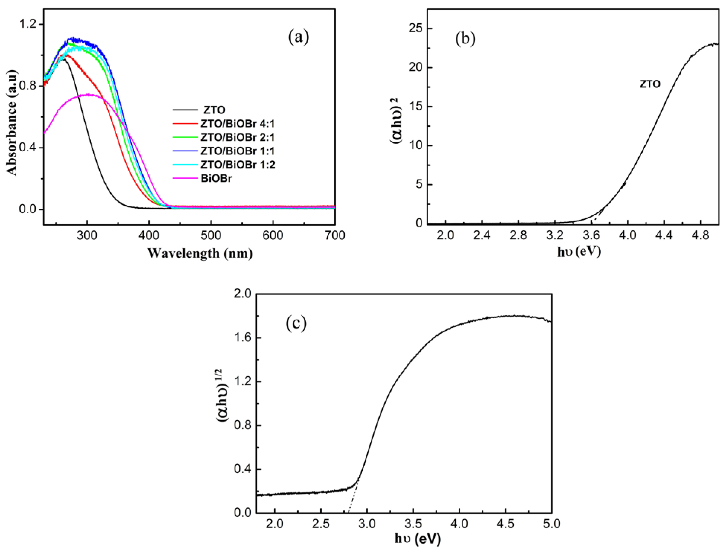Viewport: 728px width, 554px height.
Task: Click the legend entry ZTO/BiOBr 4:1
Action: coord(237,124)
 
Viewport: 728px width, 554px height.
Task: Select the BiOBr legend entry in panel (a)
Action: coord(216,178)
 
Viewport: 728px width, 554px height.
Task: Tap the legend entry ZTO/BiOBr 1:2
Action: coord(237,164)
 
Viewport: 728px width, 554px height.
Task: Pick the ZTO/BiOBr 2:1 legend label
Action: coord(237,137)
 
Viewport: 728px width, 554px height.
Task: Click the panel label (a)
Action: coord(299,37)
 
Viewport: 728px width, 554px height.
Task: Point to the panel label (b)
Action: coord(465,39)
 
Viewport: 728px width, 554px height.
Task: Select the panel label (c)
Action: coord(296,323)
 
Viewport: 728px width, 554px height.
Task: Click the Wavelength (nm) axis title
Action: coord(200,253)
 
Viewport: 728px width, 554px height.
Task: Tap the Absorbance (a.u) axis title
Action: coord(12,122)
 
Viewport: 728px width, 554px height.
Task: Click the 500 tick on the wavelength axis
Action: coord(211,235)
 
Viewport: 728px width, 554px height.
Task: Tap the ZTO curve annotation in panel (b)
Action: coord(650,84)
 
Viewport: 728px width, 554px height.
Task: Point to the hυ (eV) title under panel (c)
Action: coord(417,539)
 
